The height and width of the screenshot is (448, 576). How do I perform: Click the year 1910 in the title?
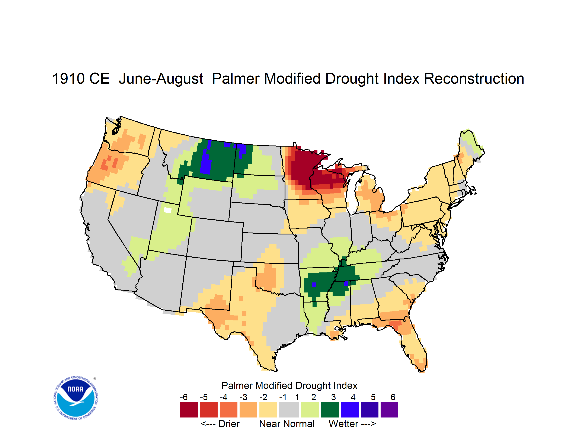tap(68, 79)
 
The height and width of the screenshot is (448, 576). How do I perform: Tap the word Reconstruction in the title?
tap(474, 79)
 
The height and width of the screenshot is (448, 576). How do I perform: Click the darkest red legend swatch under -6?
tap(189, 410)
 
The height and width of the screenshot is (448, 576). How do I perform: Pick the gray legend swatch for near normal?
tap(289, 410)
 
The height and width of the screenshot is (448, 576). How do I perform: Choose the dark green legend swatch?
tap(330, 410)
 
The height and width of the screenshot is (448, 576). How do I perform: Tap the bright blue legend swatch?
tap(350, 410)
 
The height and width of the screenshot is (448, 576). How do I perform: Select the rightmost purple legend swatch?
tap(389, 410)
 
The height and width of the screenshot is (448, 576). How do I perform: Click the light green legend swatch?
tap(310, 410)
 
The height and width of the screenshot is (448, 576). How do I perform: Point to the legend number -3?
tap(243, 397)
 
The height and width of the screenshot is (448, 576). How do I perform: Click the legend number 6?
tap(393, 397)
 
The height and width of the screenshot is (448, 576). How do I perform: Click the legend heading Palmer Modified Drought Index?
tap(289, 386)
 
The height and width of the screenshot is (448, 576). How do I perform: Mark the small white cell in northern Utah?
tap(167, 210)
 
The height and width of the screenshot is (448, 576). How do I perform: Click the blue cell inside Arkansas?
tap(314, 285)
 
